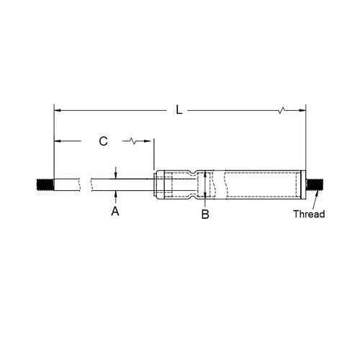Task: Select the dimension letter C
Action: coord(104,141)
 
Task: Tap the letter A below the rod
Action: coord(114,211)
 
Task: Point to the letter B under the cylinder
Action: coord(205,214)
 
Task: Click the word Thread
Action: coord(309,214)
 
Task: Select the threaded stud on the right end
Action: coord(314,184)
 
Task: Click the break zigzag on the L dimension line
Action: coord(282,110)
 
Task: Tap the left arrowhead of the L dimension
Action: coord(58,110)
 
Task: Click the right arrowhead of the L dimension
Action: coord(302,110)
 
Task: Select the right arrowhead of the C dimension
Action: coord(150,141)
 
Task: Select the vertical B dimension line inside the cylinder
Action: coord(205,184)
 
